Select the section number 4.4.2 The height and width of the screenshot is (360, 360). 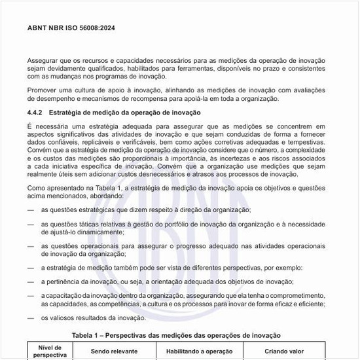pos(36,113)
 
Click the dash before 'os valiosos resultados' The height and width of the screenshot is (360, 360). pos(31,318)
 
